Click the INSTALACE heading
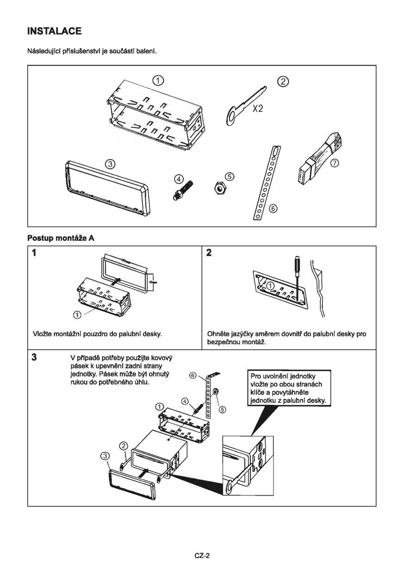(x=55, y=31)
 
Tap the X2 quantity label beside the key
(x=258, y=111)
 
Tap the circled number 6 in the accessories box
(x=273, y=209)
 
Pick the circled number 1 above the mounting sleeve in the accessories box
(x=158, y=80)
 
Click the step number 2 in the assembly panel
(x=209, y=253)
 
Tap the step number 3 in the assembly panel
(x=34, y=357)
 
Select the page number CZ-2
(x=202, y=556)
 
